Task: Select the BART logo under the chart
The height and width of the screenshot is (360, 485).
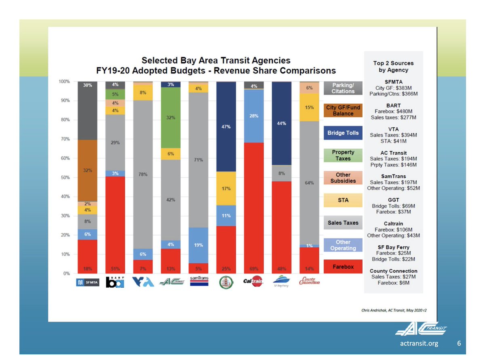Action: (115, 282)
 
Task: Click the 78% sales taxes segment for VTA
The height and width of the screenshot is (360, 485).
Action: (143, 175)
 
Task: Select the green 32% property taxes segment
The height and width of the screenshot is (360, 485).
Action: (171, 118)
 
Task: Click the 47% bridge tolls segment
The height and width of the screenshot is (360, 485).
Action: (226, 126)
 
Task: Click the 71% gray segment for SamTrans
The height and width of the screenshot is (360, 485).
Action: (198, 160)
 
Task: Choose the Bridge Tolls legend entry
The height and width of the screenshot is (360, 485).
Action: (343, 133)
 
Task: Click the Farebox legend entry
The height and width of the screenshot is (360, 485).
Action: (343, 267)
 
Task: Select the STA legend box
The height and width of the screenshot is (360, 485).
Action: (343, 200)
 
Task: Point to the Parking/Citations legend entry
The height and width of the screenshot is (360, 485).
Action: (343, 88)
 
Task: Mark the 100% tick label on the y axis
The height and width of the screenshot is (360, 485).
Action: (64, 82)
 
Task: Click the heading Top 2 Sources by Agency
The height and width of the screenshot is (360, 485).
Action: (393, 67)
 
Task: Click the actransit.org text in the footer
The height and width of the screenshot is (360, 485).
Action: (417, 343)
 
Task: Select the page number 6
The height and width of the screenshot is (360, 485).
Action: (459, 343)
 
